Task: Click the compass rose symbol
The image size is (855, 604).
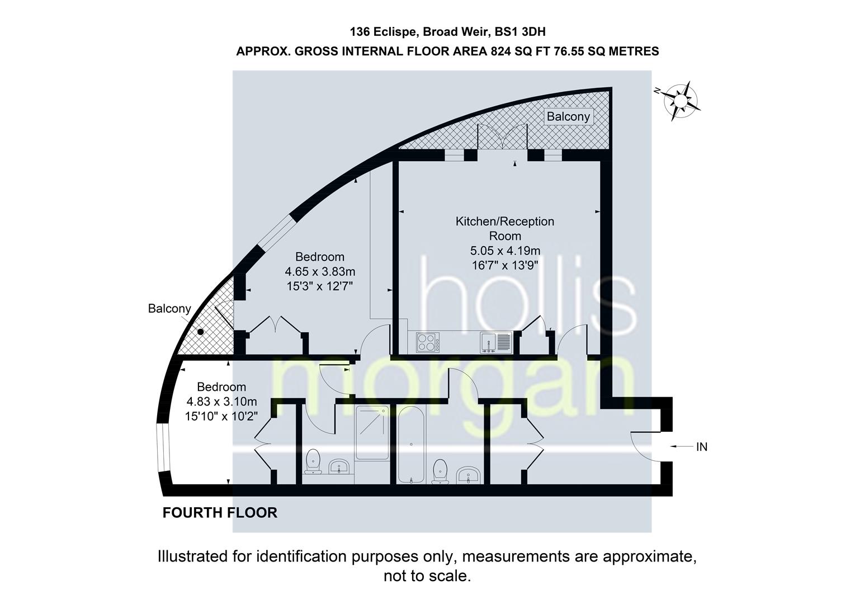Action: [680, 101]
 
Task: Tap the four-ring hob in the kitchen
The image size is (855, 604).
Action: [428, 342]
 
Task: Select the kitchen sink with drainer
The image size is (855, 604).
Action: [495, 342]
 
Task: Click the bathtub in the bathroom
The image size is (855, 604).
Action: [410, 444]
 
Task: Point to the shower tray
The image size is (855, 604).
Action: [372, 432]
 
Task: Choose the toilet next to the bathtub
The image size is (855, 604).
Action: [441, 471]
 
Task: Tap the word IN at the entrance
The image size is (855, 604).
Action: [702, 447]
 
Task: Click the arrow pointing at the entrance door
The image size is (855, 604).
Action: [682, 446]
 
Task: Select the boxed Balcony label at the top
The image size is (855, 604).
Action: [568, 116]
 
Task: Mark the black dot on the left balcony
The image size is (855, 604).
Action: [200, 332]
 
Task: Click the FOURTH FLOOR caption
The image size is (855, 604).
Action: [220, 513]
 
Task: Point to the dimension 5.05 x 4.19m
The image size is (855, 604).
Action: [505, 251]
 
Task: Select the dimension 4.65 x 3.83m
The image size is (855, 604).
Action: [320, 271]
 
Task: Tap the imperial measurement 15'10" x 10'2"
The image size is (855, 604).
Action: [221, 416]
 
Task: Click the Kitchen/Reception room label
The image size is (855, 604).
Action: [504, 228]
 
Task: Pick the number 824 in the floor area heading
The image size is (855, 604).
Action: [500, 51]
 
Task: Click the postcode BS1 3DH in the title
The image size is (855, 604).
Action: [520, 32]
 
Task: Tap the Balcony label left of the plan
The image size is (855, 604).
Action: [169, 309]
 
